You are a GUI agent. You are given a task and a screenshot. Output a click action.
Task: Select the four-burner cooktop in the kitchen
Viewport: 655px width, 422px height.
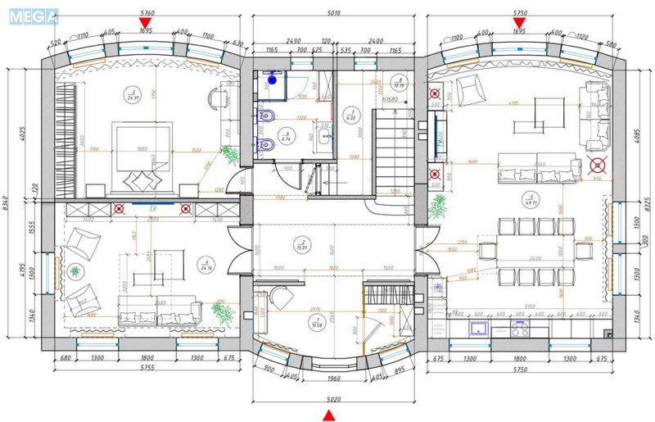[x=520, y=329]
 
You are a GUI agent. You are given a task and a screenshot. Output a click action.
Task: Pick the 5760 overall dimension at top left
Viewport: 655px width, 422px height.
[x=147, y=14]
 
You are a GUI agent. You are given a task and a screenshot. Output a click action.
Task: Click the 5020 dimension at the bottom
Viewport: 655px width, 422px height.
[x=328, y=400]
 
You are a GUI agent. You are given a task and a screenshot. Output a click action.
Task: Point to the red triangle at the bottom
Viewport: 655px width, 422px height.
[x=328, y=415]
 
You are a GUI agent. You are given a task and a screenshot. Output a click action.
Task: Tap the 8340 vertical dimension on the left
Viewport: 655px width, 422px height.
[x=7, y=202]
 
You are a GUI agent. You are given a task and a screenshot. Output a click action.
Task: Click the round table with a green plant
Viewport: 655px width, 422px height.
[x=76, y=272]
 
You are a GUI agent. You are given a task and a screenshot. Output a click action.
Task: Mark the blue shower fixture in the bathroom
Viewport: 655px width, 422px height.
[x=272, y=81]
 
